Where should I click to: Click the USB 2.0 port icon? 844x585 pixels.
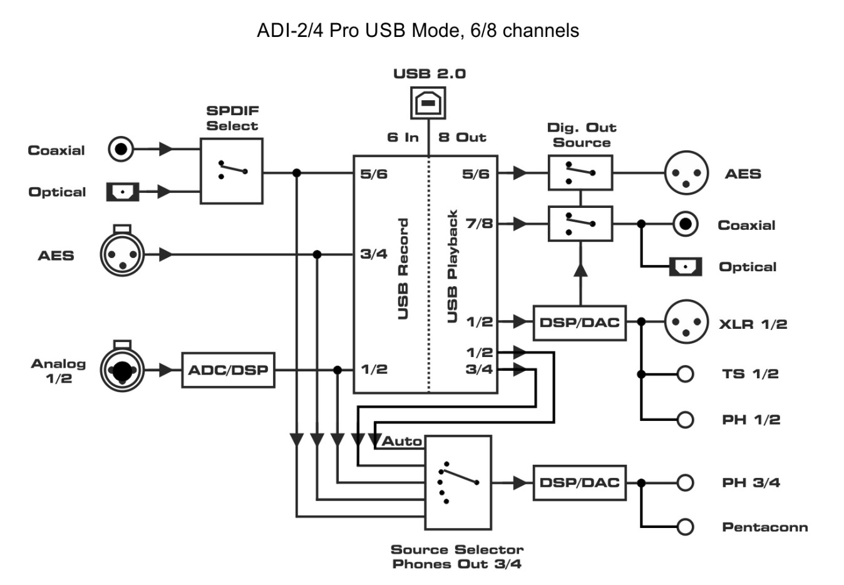click(428, 103)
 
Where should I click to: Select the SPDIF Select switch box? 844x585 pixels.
click(231, 171)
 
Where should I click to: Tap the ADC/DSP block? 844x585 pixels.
click(228, 370)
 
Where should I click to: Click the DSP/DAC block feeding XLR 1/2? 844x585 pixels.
click(579, 323)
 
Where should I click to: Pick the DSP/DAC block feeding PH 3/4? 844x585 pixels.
click(579, 482)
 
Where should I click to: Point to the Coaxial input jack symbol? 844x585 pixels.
click(121, 149)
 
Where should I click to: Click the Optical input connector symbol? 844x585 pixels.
click(122, 192)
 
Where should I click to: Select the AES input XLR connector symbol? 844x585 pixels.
click(122, 254)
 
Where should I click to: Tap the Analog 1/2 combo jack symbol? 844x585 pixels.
click(122, 370)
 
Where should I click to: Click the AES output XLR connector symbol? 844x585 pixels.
click(686, 173)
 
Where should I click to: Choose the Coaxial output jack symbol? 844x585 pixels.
click(686, 224)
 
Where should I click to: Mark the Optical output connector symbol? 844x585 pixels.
click(686, 267)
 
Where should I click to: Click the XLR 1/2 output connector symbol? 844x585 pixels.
click(686, 322)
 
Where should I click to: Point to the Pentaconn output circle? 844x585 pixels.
click(686, 527)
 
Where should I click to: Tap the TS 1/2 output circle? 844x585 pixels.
click(686, 374)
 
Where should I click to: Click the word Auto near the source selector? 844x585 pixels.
click(402, 441)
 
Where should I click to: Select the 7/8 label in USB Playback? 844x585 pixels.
click(479, 224)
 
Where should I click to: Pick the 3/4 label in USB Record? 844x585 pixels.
click(374, 254)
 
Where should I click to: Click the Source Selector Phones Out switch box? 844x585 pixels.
click(458, 482)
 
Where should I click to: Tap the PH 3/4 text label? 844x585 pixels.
click(751, 483)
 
